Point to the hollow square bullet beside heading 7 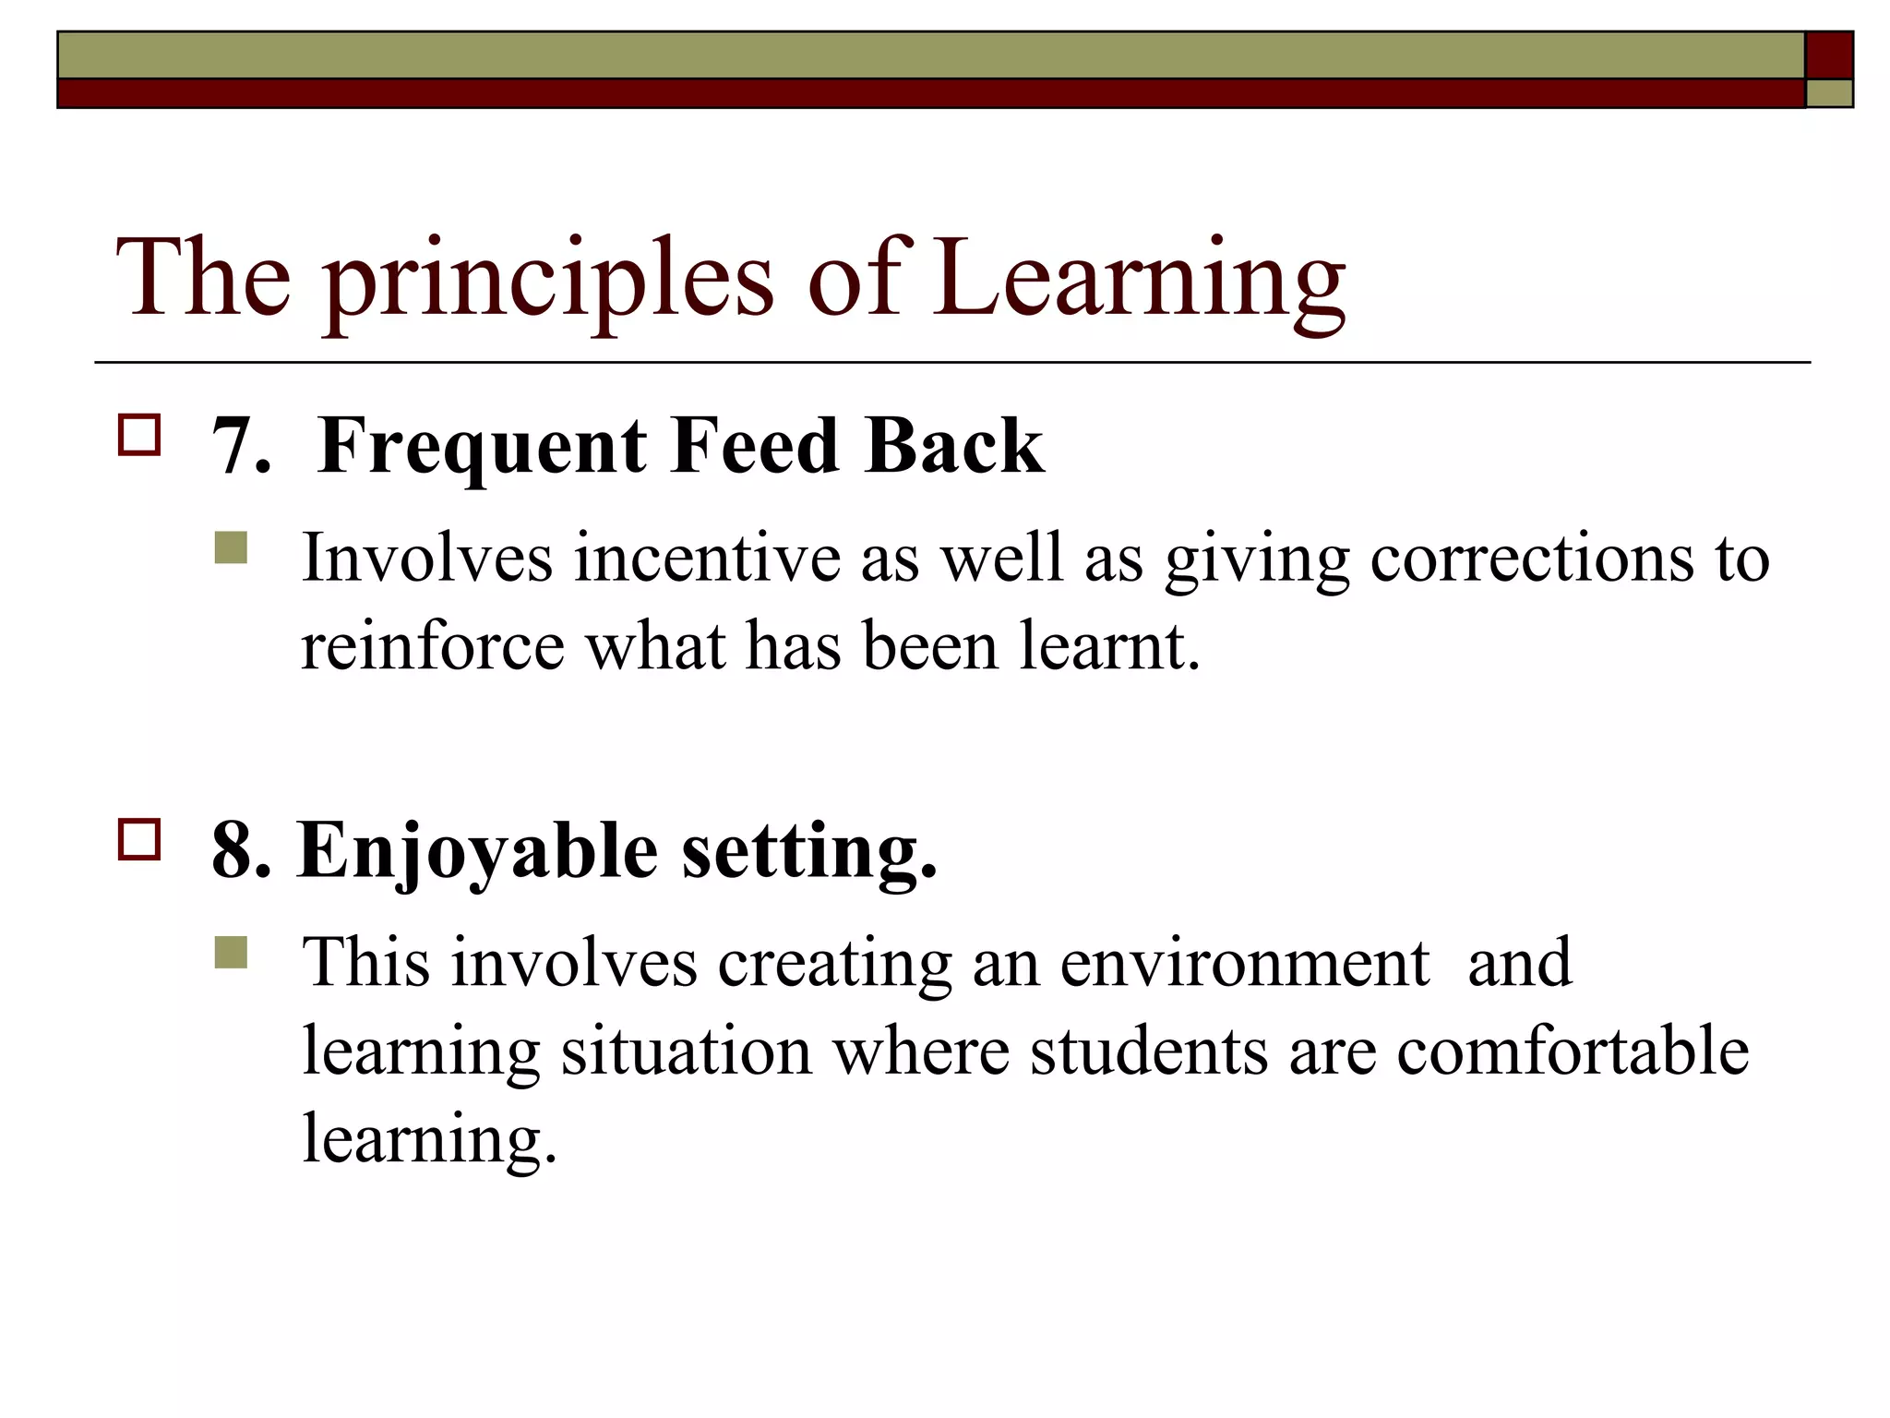click(x=139, y=435)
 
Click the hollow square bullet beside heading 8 click(x=139, y=839)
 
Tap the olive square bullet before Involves click(x=231, y=547)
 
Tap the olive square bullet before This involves click(x=231, y=952)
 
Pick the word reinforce click(x=432, y=646)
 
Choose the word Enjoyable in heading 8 click(x=477, y=851)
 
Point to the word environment click(x=1244, y=963)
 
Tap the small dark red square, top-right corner click(x=1829, y=55)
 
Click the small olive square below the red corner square click(x=1829, y=93)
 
